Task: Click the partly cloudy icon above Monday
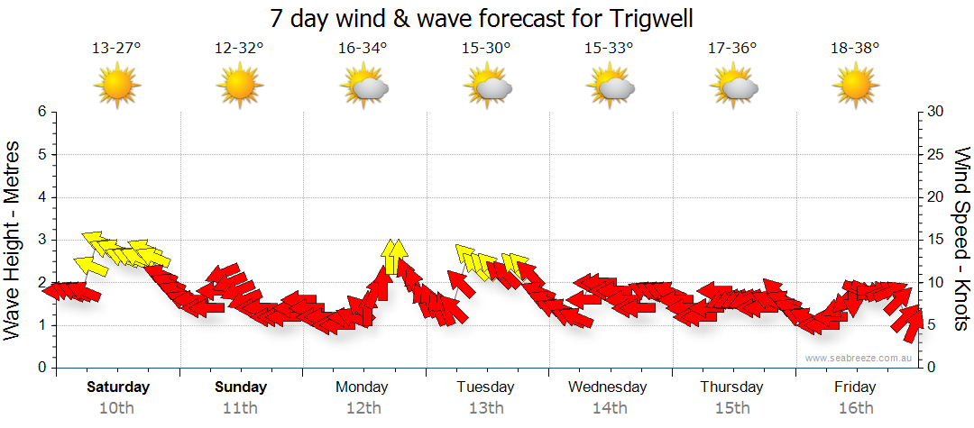pos(363,87)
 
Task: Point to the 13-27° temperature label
pos(116,49)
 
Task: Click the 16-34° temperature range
pos(363,49)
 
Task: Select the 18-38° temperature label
pos(855,49)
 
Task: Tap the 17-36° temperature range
pos(732,49)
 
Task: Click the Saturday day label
pos(118,387)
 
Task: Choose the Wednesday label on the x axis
pos(608,387)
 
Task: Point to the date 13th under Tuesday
pos(486,407)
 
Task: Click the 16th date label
pos(855,407)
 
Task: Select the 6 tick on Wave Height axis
pos(41,112)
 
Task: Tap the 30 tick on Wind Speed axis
pos(936,112)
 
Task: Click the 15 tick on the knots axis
pos(935,240)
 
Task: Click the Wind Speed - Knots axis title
pos(960,239)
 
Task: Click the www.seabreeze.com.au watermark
pos(859,358)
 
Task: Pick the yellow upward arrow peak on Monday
pos(392,255)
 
